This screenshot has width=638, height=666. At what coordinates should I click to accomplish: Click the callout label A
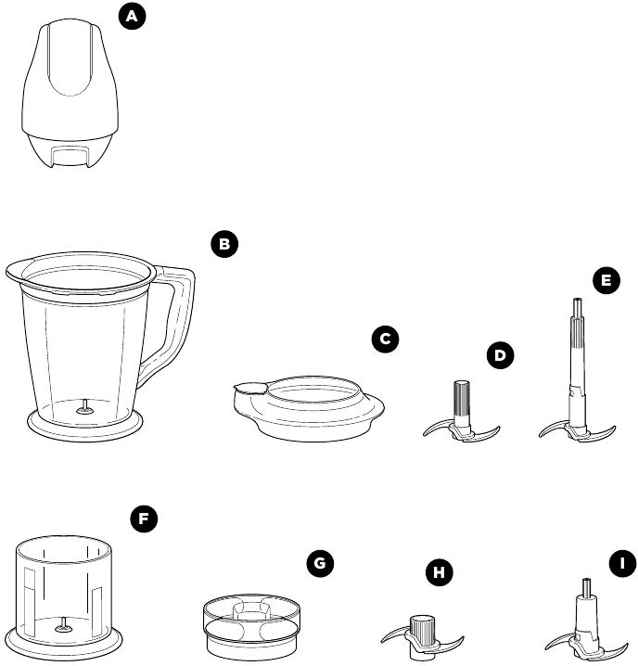pyautogui.click(x=134, y=18)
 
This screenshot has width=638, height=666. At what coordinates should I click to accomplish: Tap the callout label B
pyautogui.click(x=223, y=245)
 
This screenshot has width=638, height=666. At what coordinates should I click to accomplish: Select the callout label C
pyautogui.click(x=384, y=339)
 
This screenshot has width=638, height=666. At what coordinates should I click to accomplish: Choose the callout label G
pyautogui.click(x=319, y=564)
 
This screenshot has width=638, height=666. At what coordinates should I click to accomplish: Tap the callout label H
pyautogui.click(x=439, y=572)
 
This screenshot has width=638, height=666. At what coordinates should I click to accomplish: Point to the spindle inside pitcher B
pyautogui.click(x=83, y=404)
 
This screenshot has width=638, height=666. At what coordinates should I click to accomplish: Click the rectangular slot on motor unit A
pyautogui.click(x=70, y=152)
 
